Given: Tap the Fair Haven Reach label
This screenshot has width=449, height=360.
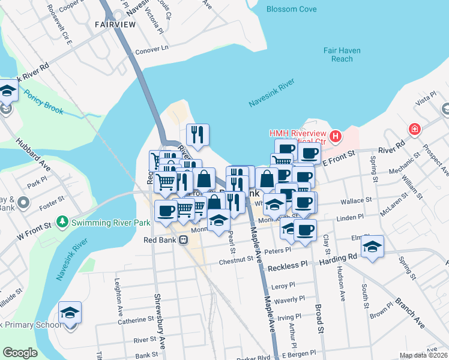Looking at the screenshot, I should pyautogui.click(x=342, y=55).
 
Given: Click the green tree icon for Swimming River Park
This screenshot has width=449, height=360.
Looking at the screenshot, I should pyautogui.click(x=62, y=223).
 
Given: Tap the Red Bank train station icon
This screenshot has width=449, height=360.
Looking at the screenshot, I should pyautogui.click(x=183, y=239).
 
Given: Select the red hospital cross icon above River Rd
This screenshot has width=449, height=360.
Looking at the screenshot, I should pyautogui.click(x=414, y=129).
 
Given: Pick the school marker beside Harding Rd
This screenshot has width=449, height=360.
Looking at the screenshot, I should pyautogui.click(x=372, y=247).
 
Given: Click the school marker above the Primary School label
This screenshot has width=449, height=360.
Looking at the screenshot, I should pyautogui.click(x=70, y=313).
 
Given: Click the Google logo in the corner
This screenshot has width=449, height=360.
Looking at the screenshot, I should pyautogui.click(x=20, y=353).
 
